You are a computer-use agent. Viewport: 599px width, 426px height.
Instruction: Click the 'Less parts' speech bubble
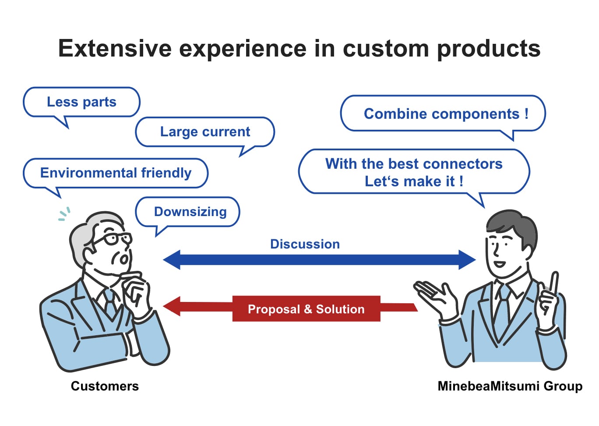(81, 102)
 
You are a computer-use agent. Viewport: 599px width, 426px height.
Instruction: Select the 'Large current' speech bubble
(205, 131)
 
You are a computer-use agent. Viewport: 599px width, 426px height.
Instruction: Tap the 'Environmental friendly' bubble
(116, 173)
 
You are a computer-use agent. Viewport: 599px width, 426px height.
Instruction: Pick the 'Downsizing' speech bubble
(190, 212)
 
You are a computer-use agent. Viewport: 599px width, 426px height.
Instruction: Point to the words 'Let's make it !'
(414, 181)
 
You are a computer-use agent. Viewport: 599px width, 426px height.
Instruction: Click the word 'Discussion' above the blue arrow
(305, 244)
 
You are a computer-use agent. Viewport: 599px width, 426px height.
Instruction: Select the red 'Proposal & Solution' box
(306, 309)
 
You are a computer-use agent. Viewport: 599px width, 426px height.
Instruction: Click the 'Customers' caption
(105, 386)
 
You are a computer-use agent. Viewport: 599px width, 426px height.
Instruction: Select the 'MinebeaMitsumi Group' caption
(510, 386)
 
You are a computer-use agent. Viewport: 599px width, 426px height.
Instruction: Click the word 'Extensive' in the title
(115, 48)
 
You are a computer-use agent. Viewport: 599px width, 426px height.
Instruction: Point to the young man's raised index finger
(554, 283)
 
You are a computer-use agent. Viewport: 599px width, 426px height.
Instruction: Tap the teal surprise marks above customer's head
(64, 214)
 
